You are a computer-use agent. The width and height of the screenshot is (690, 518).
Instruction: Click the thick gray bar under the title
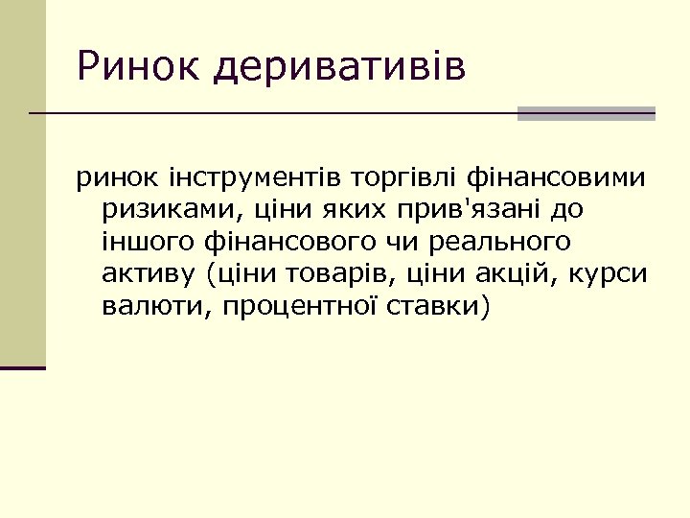[x=586, y=113]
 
